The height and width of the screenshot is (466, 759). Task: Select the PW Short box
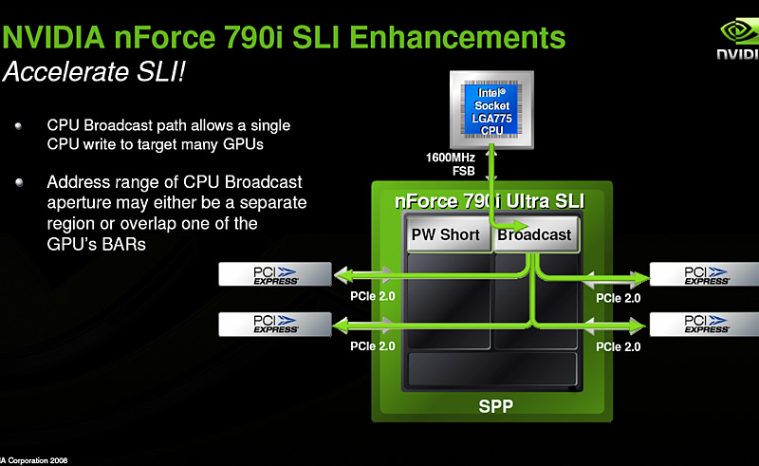pyautogui.click(x=448, y=234)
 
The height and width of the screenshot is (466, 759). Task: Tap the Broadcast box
pyautogui.click(x=534, y=234)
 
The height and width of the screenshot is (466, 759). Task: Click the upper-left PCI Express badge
pyautogui.click(x=275, y=275)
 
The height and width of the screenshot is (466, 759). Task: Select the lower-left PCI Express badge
pyautogui.click(x=275, y=324)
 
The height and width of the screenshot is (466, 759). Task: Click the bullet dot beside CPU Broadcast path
pyautogui.click(x=18, y=125)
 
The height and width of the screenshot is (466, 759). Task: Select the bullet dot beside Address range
pyautogui.click(x=18, y=181)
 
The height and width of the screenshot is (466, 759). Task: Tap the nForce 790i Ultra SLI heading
pyautogui.click(x=490, y=202)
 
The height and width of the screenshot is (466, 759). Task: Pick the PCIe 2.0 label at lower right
pyautogui.click(x=618, y=346)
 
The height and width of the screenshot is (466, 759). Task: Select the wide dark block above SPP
pyautogui.click(x=491, y=368)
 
